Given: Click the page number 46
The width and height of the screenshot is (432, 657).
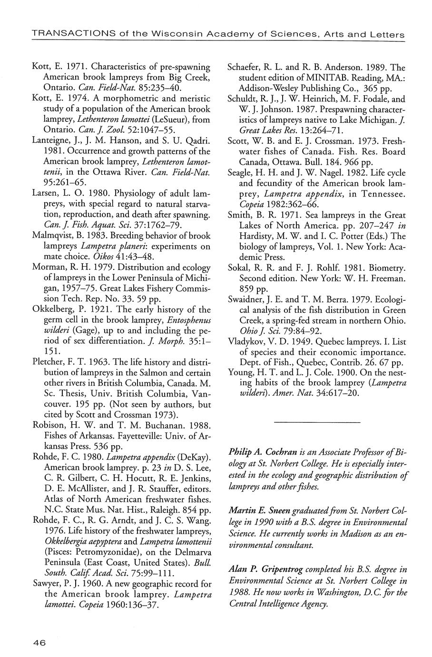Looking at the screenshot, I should [x=39, y=642].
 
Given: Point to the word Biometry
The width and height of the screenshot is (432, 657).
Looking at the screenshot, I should [x=386, y=268].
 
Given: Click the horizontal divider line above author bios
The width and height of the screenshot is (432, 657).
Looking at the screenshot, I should [x=318, y=422].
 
